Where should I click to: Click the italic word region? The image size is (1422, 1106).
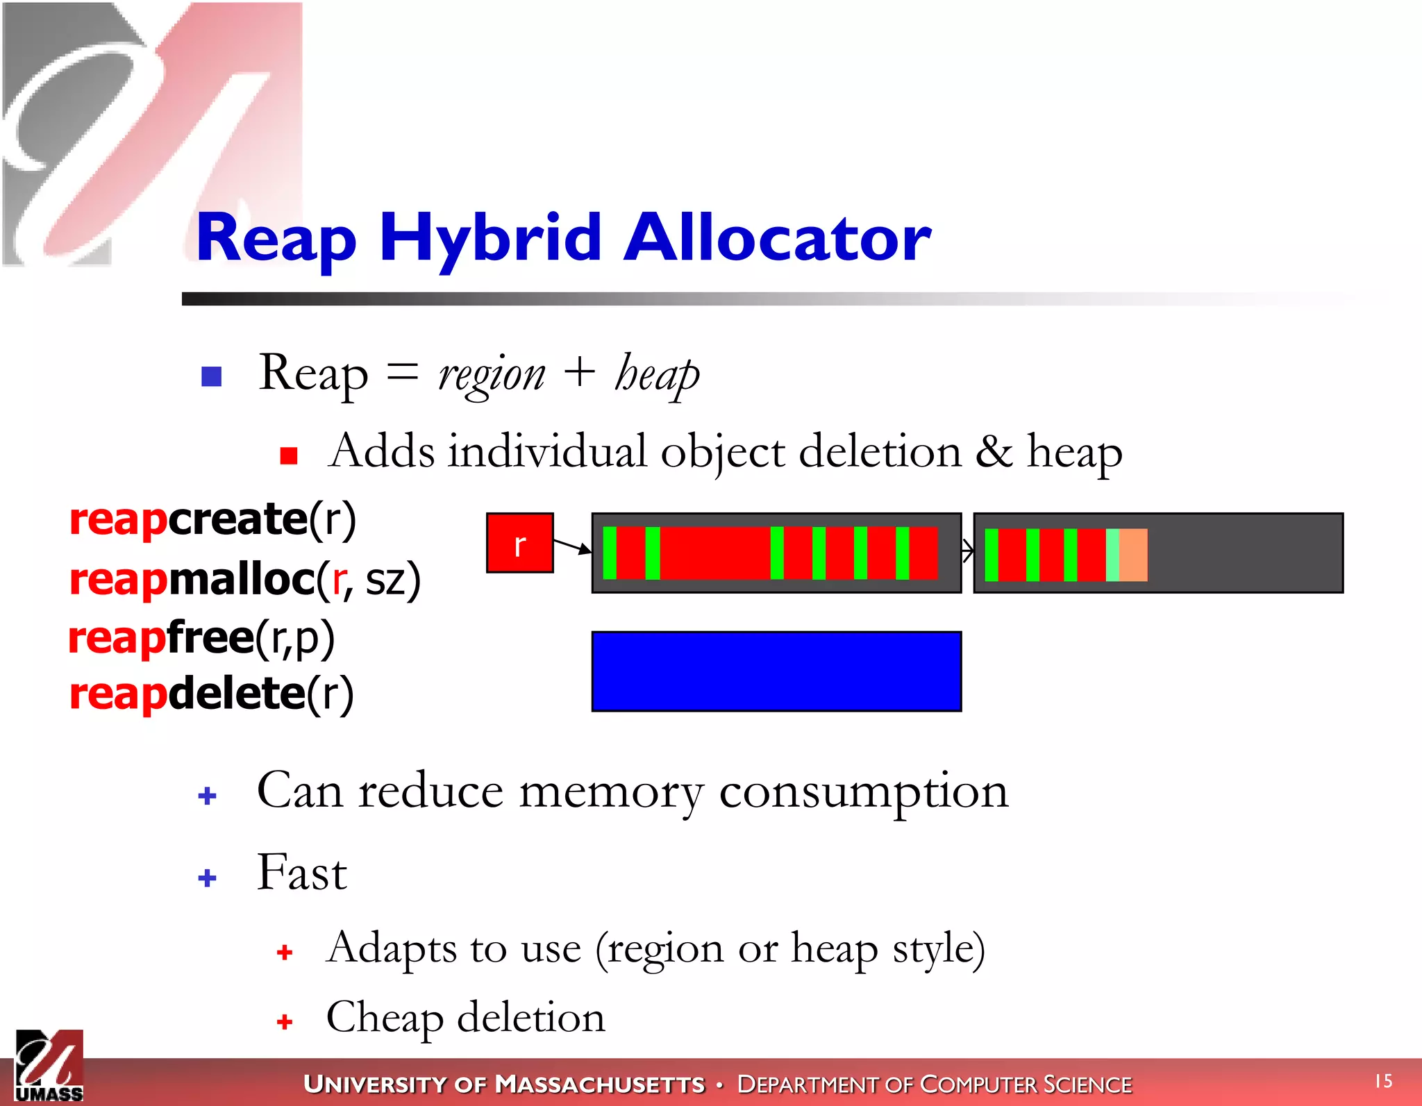(491, 376)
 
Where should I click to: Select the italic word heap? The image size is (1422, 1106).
(656, 376)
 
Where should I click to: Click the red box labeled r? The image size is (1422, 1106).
(519, 544)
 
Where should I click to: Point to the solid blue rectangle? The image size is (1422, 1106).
(776, 671)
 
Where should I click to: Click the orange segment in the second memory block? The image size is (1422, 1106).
(1133, 555)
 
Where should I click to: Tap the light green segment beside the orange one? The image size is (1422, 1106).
(1112, 555)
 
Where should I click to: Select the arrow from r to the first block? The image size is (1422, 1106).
(572, 546)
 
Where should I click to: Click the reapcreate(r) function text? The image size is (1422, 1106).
(212, 519)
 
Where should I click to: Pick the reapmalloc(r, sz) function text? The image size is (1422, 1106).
(244, 579)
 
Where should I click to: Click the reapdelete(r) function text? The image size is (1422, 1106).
(211, 694)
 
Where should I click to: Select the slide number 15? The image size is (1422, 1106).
(1383, 1081)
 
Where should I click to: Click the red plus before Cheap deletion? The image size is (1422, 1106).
(284, 1021)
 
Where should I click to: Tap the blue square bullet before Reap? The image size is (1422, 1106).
(211, 376)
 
